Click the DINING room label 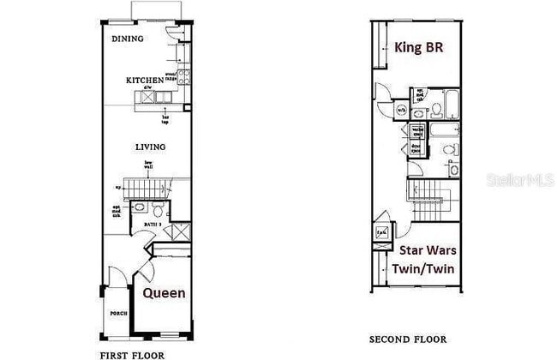pos(128,39)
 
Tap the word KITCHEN pos(144,81)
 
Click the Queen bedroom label pos(164,293)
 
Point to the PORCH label pos(118,314)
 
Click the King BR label pos(418,46)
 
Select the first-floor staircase pos(146,186)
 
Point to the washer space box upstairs pos(416,131)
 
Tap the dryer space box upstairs pos(416,147)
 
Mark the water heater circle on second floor pos(380,233)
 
